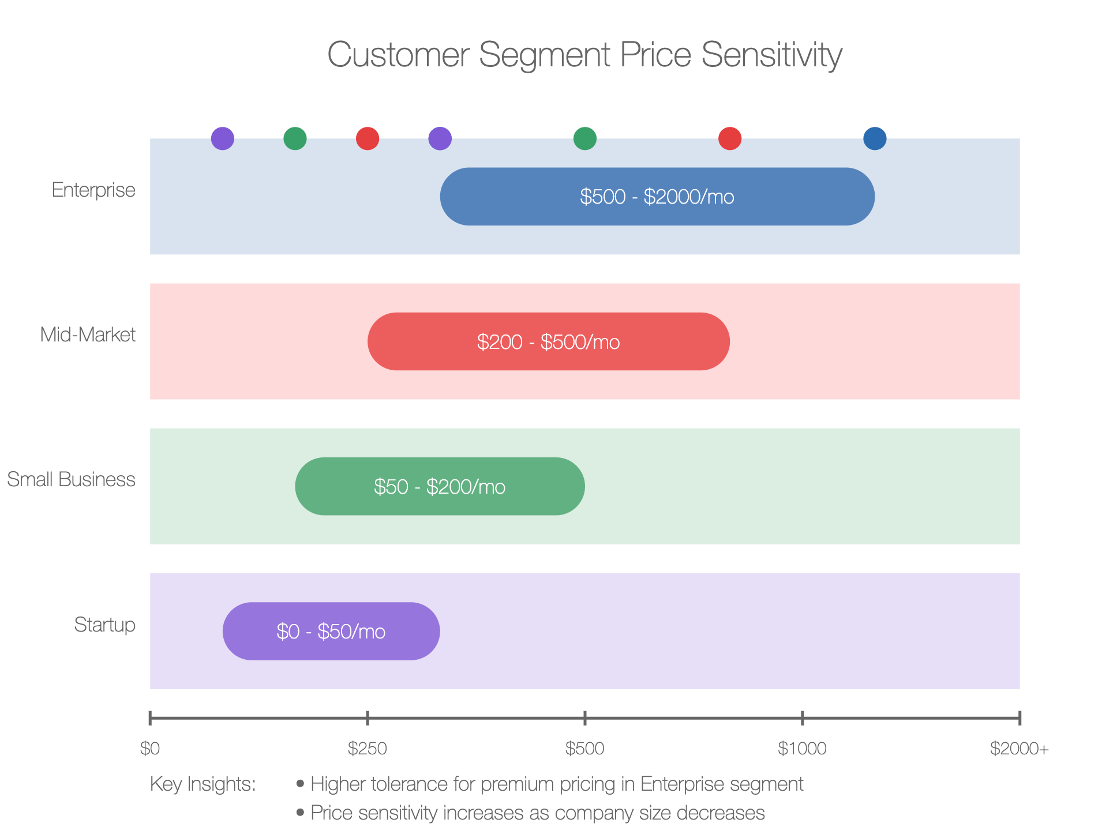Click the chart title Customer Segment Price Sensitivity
(584, 55)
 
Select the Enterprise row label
(93, 190)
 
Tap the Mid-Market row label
(88, 335)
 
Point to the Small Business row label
(71, 479)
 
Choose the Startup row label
(104, 625)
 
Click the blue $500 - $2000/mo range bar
(657, 197)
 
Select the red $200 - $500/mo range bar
(549, 341)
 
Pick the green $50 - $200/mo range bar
(440, 486)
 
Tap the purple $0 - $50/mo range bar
(331, 632)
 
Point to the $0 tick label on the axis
(150, 749)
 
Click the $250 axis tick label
(368, 749)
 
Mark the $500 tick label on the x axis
(585, 749)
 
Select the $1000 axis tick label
(802, 749)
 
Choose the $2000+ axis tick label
(1019, 749)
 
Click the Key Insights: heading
(203, 784)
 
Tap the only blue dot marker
(875, 138)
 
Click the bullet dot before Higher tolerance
(300, 784)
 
